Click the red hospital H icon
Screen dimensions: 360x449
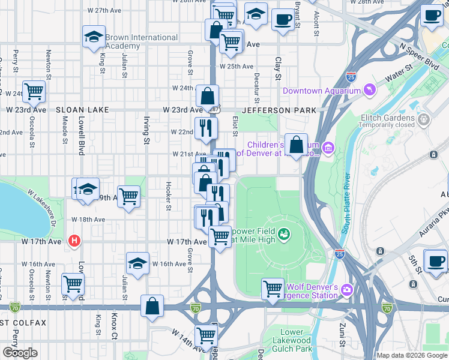pos(74,241)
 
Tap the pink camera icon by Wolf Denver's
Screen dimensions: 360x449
pos(346,290)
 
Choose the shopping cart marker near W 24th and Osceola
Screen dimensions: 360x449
pos(34,92)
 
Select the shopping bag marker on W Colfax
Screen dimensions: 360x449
pos(152,305)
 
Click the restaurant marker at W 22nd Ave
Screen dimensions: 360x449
pos(205,128)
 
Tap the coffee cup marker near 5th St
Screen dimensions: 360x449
pos(435,261)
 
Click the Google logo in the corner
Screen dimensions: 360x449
pos(20,353)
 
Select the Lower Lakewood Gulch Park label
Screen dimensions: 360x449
pos(292,340)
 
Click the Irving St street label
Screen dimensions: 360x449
pos(146,131)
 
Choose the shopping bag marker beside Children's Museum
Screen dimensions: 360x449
pos(296,145)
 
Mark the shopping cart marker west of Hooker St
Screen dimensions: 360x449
pos(129,196)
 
